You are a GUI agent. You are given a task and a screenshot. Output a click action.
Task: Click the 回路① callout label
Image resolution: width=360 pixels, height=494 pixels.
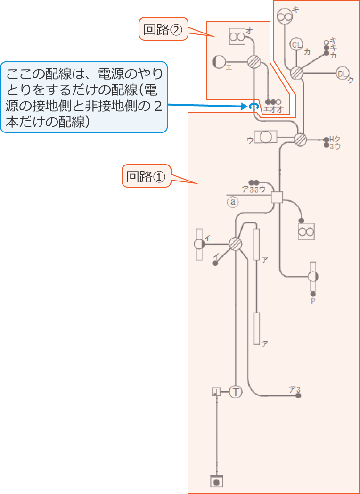tap(147, 176)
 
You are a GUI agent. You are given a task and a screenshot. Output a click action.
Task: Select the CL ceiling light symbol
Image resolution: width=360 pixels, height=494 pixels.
tap(296, 45)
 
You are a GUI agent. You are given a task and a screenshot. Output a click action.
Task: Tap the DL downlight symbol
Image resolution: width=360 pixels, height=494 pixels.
tap(342, 73)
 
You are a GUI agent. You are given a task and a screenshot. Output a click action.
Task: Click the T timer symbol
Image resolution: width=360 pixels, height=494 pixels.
tap(235, 391)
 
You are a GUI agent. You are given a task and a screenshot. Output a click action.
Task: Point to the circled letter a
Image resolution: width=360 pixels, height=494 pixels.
tap(233, 202)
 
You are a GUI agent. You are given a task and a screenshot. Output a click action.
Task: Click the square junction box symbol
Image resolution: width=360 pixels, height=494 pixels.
tap(277, 197)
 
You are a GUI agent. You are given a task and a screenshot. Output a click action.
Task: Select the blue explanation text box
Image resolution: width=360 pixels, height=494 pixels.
tap(84, 97)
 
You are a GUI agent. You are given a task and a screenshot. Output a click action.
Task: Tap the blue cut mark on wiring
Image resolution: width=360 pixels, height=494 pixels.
tap(254, 107)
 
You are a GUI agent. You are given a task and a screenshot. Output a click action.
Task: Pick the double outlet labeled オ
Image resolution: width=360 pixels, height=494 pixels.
tap(237, 36)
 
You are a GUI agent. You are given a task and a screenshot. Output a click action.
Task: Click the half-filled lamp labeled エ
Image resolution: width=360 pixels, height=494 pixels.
tap(219, 62)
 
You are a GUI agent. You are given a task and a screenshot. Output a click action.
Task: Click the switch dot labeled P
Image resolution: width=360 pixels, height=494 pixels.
tap(313, 294)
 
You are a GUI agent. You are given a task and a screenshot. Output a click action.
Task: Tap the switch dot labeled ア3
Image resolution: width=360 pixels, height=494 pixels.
tap(298, 395)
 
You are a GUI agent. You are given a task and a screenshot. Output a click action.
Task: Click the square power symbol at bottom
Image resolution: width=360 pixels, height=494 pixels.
tap(216, 481)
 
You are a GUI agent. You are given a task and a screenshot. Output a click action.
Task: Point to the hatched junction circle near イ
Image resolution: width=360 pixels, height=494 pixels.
tap(235, 244)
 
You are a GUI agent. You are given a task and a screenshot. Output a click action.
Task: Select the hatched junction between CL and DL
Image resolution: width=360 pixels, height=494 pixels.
tap(296, 74)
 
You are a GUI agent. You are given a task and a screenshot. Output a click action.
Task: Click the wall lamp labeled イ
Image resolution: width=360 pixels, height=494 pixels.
tap(199, 244)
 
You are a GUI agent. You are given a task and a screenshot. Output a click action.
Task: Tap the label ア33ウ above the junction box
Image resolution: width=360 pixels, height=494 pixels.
tap(254, 189)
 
